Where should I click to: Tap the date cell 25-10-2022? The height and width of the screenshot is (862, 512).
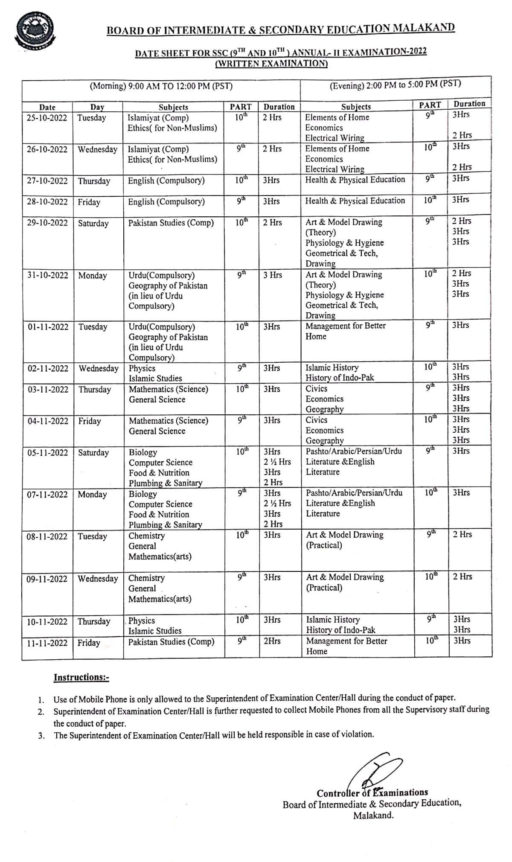[47, 118]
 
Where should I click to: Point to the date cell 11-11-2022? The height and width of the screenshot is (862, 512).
[47, 643]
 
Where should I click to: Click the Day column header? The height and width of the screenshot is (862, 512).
[97, 107]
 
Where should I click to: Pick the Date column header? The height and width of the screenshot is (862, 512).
[47, 107]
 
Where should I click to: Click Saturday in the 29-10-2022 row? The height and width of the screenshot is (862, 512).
[93, 223]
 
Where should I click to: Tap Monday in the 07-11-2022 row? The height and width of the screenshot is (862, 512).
[92, 495]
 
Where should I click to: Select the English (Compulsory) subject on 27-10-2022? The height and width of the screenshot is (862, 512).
[166, 181]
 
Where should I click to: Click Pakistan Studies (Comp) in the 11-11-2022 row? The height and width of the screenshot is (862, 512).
[171, 642]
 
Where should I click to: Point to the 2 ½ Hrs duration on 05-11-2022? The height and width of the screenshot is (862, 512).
[277, 462]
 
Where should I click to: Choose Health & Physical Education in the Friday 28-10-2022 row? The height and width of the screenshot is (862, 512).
[355, 201]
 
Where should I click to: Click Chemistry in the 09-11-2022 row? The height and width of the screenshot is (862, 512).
[146, 578]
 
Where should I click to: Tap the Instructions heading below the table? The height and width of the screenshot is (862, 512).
[81, 678]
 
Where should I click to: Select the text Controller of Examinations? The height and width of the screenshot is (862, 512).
[372, 793]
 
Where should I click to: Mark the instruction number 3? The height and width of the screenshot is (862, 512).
[41, 735]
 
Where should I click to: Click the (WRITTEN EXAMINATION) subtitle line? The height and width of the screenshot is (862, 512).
[271, 64]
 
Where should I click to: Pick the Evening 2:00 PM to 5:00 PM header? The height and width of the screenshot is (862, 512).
[396, 84]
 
